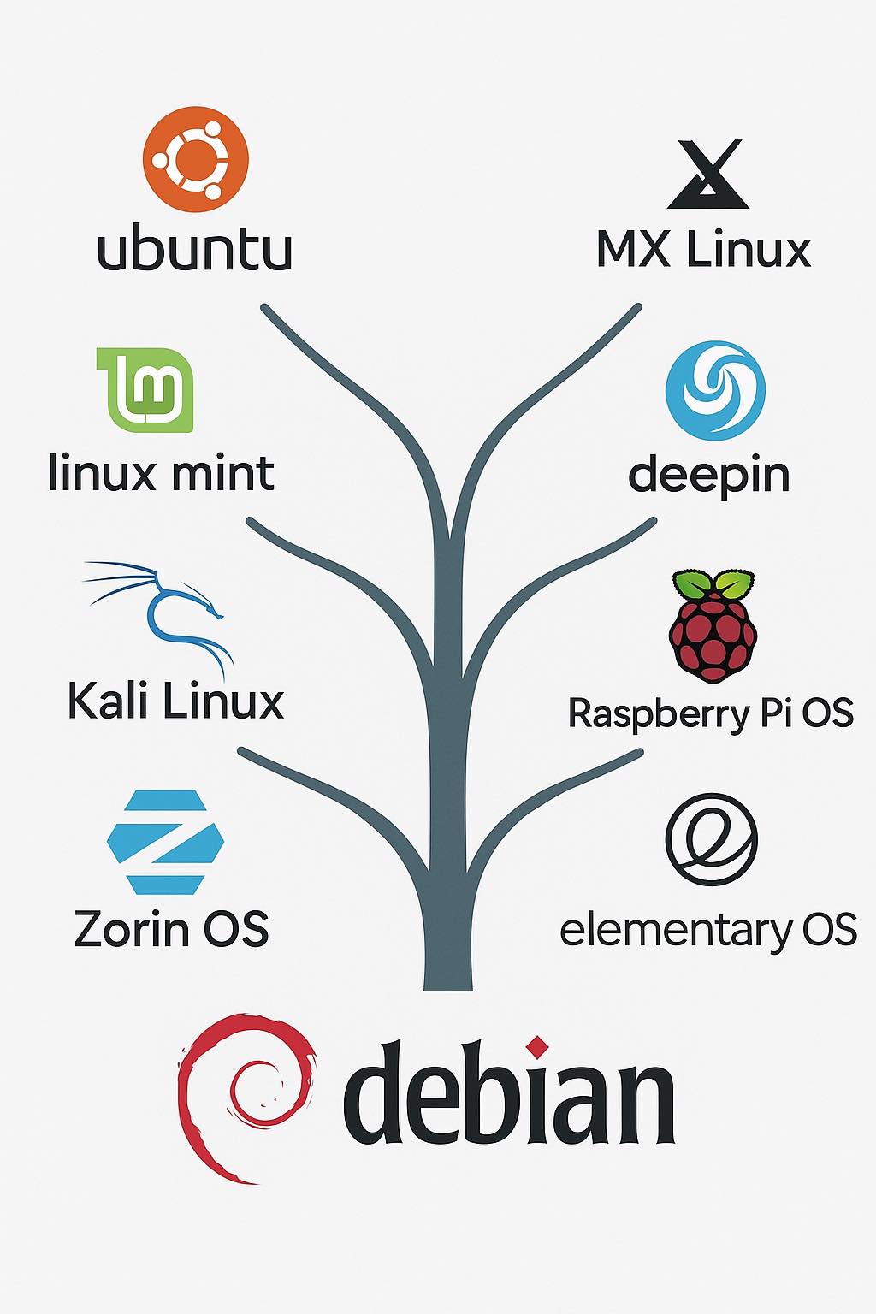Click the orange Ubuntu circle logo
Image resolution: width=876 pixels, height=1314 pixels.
(x=195, y=159)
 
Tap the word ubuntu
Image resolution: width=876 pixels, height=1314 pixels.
(x=194, y=251)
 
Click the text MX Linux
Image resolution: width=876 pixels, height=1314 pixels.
(x=704, y=251)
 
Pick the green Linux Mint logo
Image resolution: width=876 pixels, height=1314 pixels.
(x=145, y=390)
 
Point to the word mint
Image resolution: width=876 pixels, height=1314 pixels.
(x=222, y=473)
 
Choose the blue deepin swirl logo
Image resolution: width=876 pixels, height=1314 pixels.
(x=715, y=391)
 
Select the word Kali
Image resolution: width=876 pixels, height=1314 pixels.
(x=109, y=700)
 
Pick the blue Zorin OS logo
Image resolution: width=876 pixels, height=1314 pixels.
(x=165, y=842)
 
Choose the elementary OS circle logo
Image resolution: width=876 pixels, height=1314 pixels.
(x=711, y=839)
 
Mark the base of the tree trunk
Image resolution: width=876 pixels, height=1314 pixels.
(x=448, y=987)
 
